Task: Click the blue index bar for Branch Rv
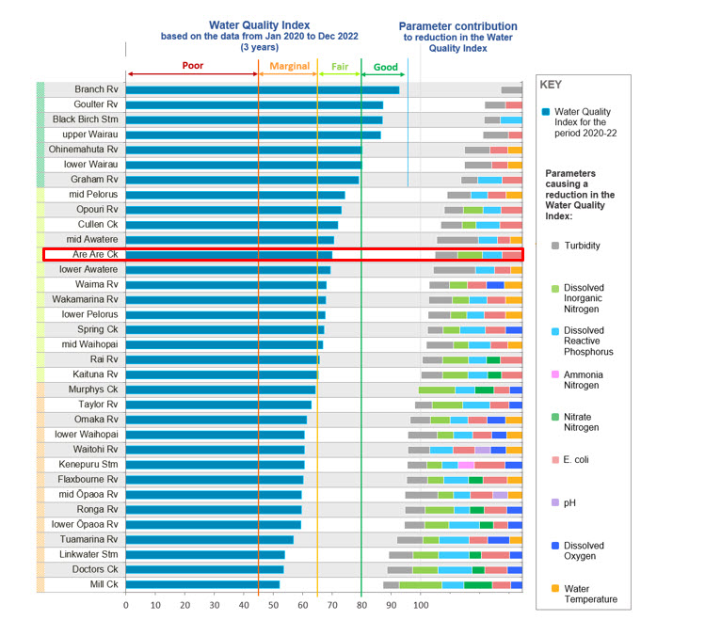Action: (262, 90)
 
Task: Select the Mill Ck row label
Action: (104, 584)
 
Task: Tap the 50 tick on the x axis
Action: (273, 605)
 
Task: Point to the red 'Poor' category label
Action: (193, 66)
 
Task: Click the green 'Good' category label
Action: (386, 68)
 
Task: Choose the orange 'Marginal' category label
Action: (290, 66)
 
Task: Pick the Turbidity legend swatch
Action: (555, 246)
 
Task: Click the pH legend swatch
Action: (555, 502)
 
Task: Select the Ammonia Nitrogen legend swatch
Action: (555, 374)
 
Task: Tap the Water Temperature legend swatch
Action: (555, 588)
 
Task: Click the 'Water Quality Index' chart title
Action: (260, 25)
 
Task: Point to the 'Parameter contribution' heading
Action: (457, 26)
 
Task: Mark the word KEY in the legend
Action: (551, 85)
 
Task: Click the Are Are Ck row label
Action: (95, 254)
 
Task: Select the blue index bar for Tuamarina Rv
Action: (210, 540)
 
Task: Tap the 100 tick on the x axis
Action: (421, 605)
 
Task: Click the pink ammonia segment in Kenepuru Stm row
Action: (466, 465)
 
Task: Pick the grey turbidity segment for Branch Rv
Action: (512, 90)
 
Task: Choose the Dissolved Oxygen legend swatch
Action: (555, 545)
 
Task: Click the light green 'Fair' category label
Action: (340, 67)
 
